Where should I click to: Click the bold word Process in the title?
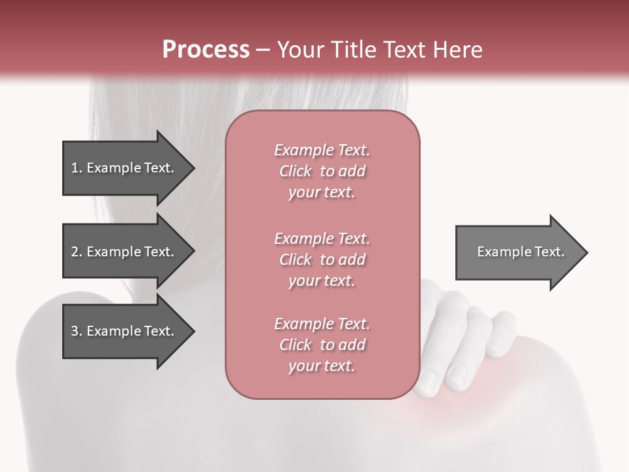[206, 50]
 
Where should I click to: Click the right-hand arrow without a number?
[521, 252]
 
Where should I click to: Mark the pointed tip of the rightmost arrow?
[586, 252]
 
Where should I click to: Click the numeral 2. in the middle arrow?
[76, 252]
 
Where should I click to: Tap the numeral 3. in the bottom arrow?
[76, 331]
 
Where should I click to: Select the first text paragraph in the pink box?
[322, 171]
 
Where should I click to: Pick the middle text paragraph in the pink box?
[322, 260]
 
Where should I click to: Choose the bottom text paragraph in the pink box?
[322, 345]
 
